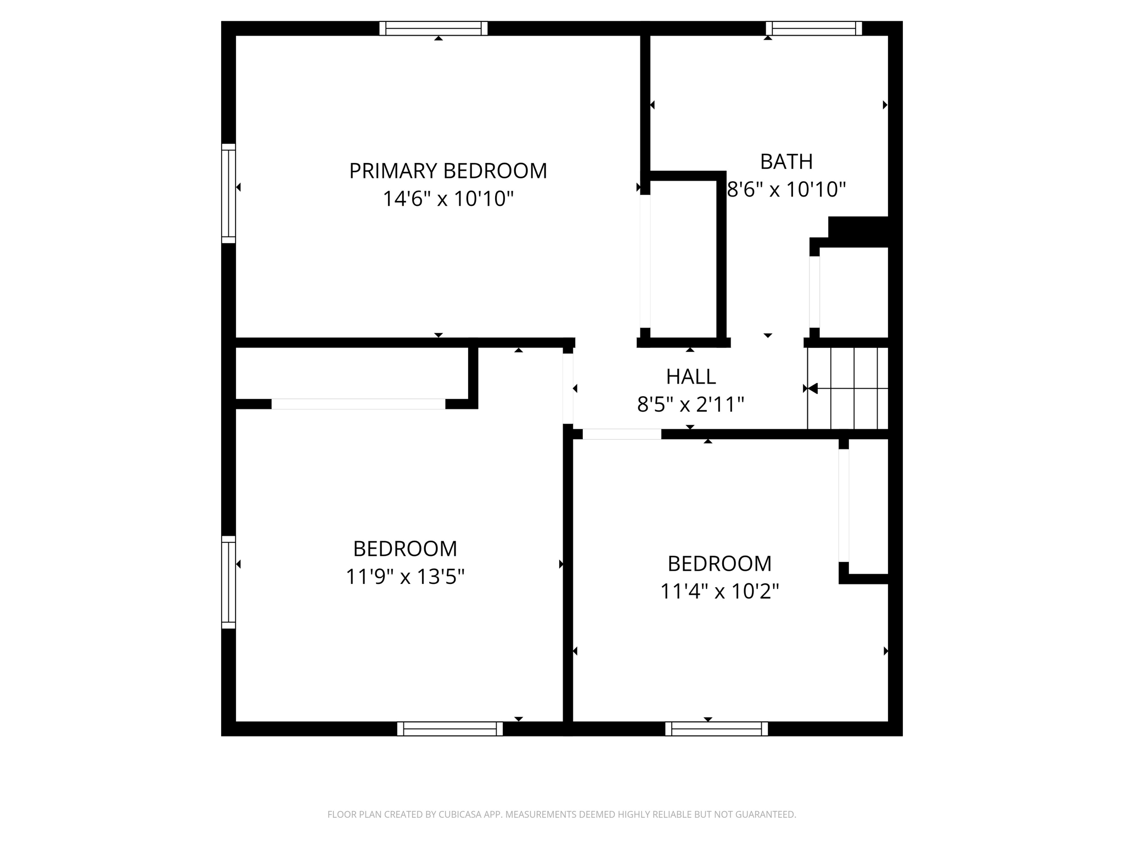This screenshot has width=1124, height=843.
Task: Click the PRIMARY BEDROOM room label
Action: click(x=448, y=171)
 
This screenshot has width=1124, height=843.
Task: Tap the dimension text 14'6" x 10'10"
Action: click(x=448, y=199)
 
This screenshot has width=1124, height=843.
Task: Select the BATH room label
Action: click(x=786, y=161)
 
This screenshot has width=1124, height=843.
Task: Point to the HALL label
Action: click(x=691, y=376)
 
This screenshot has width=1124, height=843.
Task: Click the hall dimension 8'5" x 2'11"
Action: click(x=690, y=404)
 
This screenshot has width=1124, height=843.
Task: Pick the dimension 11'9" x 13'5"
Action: click(x=405, y=577)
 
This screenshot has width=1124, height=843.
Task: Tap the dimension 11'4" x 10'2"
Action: click(x=720, y=592)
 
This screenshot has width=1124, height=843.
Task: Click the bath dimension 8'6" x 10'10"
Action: click(x=786, y=189)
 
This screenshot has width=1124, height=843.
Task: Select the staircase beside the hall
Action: click(x=847, y=388)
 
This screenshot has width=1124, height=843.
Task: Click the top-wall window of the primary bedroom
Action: click(x=434, y=28)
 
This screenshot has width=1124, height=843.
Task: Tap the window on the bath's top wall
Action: click(x=814, y=28)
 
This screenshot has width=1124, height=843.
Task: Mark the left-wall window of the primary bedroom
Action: click(x=228, y=193)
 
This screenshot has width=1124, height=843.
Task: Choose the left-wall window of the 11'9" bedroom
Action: click(x=228, y=582)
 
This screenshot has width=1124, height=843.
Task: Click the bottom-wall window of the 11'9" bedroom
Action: click(x=450, y=729)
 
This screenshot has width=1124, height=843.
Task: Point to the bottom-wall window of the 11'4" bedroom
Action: click(x=717, y=729)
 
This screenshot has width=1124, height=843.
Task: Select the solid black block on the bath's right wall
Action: click(x=858, y=232)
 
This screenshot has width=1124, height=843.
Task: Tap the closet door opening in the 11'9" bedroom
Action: click(x=358, y=404)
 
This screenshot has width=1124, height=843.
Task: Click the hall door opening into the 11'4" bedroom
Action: click(x=622, y=434)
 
